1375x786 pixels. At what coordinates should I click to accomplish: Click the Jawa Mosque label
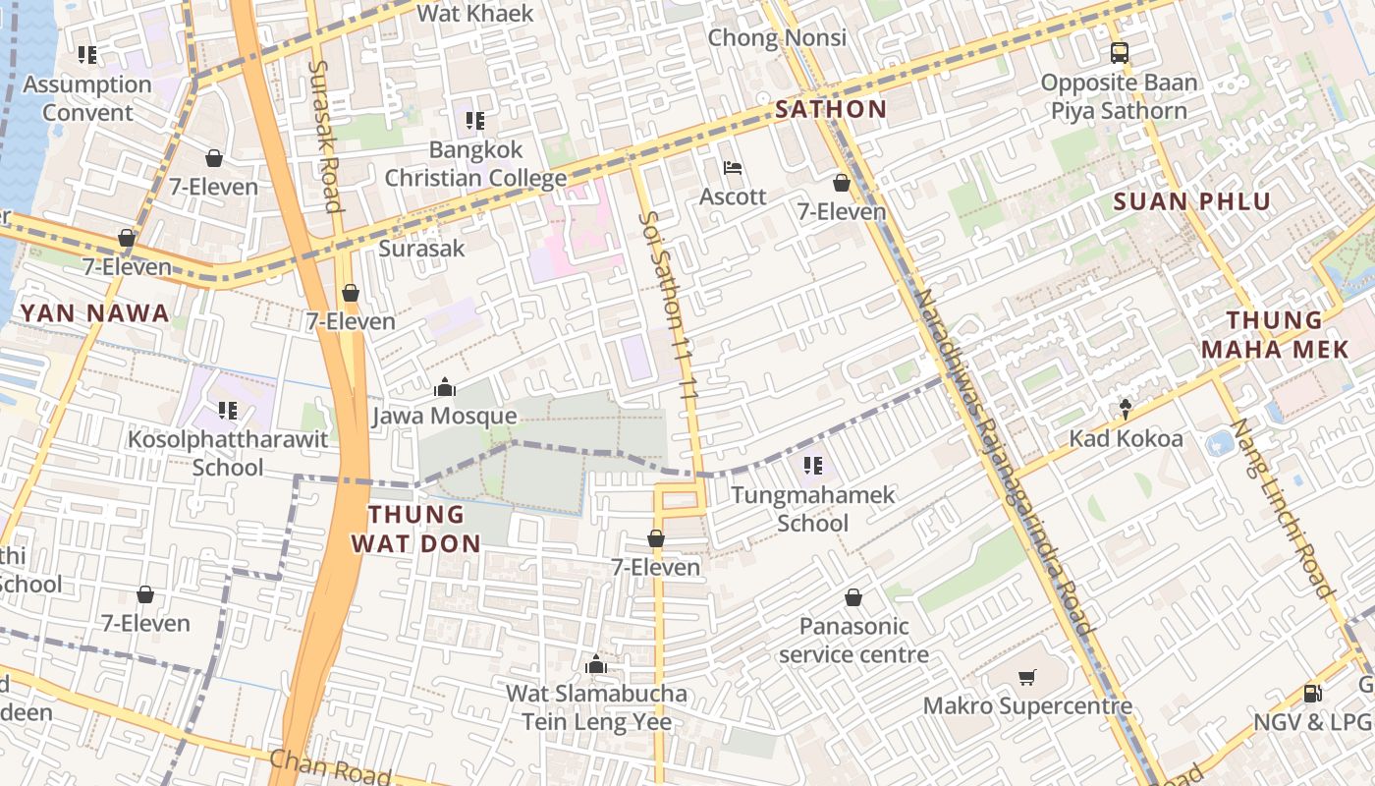(x=444, y=417)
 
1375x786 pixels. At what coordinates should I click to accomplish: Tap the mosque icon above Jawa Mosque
(x=444, y=388)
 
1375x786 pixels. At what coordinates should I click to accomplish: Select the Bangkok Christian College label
(x=475, y=164)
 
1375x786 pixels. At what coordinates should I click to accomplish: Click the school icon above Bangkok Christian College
(x=475, y=121)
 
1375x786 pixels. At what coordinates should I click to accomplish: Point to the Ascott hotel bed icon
(x=733, y=168)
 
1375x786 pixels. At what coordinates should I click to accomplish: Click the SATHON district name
(x=831, y=109)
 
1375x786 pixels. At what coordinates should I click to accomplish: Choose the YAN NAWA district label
(x=95, y=313)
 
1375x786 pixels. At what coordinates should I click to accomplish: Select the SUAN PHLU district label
(x=1192, y=201)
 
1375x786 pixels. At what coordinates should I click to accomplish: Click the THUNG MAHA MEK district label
(x=1275, y=334)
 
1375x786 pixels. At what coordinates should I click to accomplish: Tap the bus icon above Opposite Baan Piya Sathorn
(x=1120, y=53)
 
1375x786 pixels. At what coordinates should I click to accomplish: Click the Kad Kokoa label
(x=1126, y=438)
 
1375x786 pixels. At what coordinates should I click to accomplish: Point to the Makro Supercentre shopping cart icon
(x=1027, y=677)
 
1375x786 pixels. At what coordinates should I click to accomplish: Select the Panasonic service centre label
(x=853, y=641)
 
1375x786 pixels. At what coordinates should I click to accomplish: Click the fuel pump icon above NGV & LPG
(x=1312, y=693)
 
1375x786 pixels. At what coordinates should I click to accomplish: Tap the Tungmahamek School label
(x=813, y=509)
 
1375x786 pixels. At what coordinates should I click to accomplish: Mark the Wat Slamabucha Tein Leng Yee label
(x=596, y=707)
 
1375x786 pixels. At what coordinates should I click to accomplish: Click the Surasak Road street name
(x=325, y=136)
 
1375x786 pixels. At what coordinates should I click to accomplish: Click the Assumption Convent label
(x=87, y=98)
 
